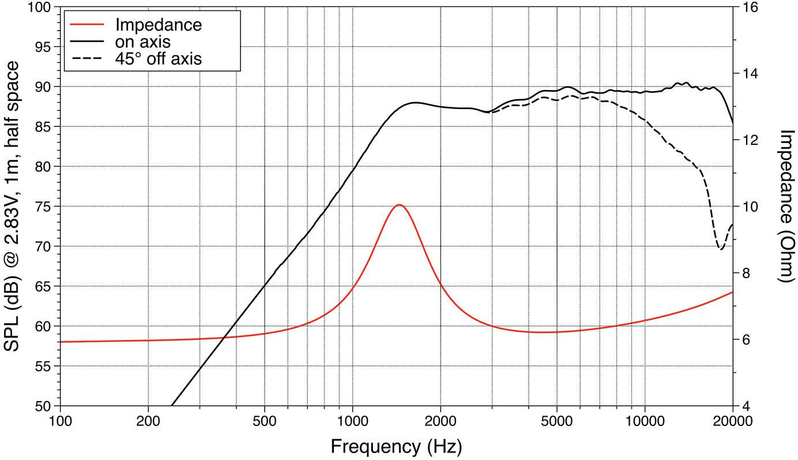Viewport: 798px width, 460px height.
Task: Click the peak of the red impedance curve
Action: [x=398, y=205]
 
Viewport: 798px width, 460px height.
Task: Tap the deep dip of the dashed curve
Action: [x=721, y=249]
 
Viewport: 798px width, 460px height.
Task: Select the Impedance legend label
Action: [x=158, y=25]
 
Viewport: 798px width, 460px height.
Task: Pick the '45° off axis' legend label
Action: [x=158, y=58]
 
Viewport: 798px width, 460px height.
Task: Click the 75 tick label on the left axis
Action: [x=44, y=207]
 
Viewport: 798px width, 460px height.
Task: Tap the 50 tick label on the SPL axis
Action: [x=44, y=406]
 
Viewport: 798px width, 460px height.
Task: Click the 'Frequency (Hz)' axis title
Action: [x=396, y=446]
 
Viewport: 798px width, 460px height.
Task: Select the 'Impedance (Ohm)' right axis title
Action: [x=786, y=206]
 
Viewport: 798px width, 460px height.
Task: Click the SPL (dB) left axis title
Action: [x=13, y=206]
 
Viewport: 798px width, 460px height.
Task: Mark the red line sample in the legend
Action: [x=86, y=25]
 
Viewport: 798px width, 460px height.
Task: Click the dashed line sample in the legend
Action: [x=86, y=58]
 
